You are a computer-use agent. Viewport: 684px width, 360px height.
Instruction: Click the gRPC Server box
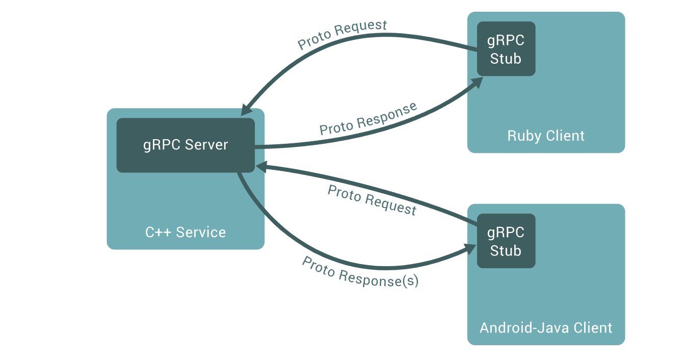coord(186,145)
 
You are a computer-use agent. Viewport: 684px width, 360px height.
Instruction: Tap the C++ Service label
coord(186,233)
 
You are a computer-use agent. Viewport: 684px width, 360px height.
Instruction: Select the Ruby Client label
coord(546,136)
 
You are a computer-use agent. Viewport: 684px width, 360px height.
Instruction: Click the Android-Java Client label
coord(546,327)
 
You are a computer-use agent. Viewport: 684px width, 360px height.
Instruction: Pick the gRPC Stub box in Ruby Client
coord(506,49)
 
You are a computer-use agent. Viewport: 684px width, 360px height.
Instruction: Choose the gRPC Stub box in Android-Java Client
coord(506,241)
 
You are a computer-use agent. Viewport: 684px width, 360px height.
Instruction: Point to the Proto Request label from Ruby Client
coord(343,35)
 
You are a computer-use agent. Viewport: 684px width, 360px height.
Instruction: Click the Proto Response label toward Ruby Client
coord(368,119)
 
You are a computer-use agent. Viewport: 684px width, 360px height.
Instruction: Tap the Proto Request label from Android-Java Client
coord(372,200)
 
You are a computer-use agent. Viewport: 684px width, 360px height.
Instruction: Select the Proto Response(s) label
coord(360,272)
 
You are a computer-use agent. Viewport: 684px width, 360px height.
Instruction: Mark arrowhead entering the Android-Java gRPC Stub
coord(471,249)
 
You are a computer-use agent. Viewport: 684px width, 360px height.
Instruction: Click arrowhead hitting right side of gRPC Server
coord(260,166)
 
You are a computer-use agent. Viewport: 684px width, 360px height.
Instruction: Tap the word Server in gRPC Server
coord(206,145)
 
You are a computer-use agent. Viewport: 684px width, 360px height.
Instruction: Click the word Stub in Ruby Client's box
coord(506,59)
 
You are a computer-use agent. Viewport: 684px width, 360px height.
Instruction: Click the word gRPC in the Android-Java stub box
coord(506,233)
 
